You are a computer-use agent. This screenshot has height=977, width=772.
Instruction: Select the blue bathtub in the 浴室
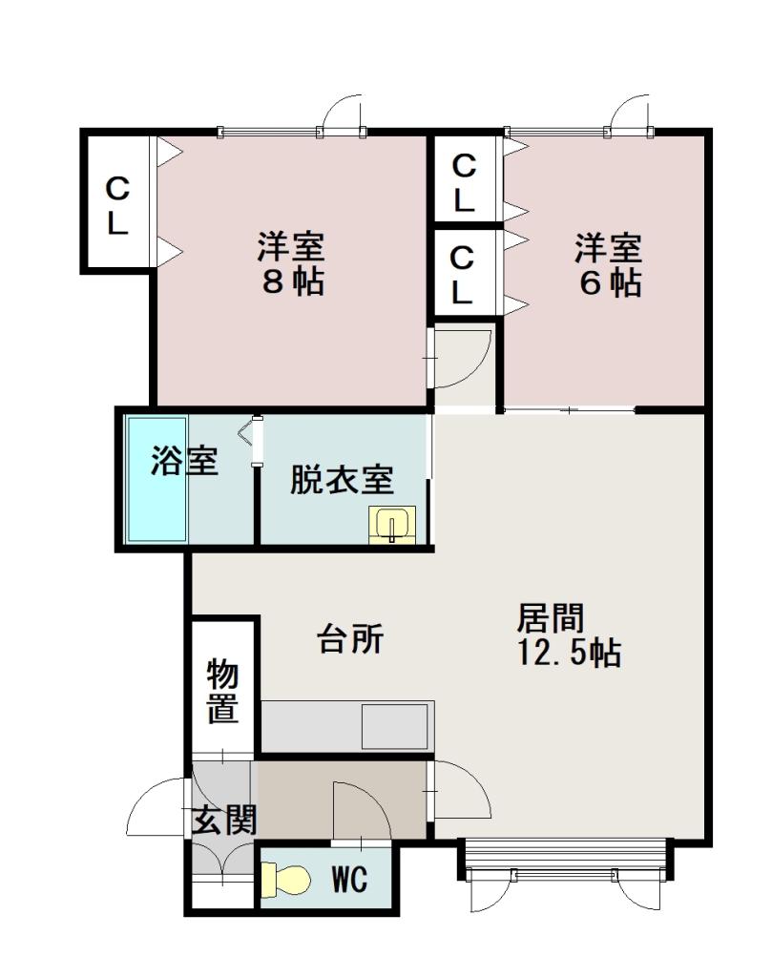157,479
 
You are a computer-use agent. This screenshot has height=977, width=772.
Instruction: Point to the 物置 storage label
223,692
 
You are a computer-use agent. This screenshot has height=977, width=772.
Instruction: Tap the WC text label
349,880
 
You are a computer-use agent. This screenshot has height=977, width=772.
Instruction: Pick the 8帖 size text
292,282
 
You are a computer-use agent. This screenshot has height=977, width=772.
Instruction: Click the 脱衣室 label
342,480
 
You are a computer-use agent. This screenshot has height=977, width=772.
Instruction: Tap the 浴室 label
184,462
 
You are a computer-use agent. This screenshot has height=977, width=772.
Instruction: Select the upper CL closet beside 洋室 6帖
464,182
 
